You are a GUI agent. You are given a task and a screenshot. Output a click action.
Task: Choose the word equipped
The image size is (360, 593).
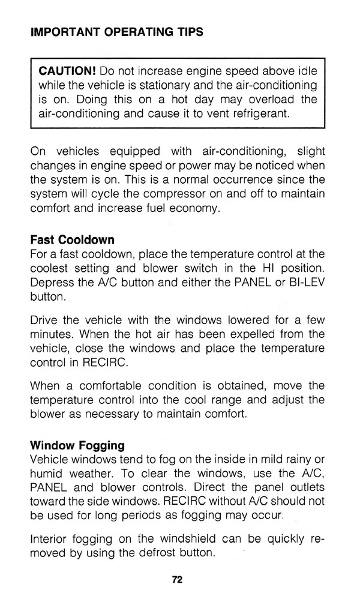[124, 152]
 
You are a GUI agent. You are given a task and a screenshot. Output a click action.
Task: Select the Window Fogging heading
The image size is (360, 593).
[77, 445]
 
